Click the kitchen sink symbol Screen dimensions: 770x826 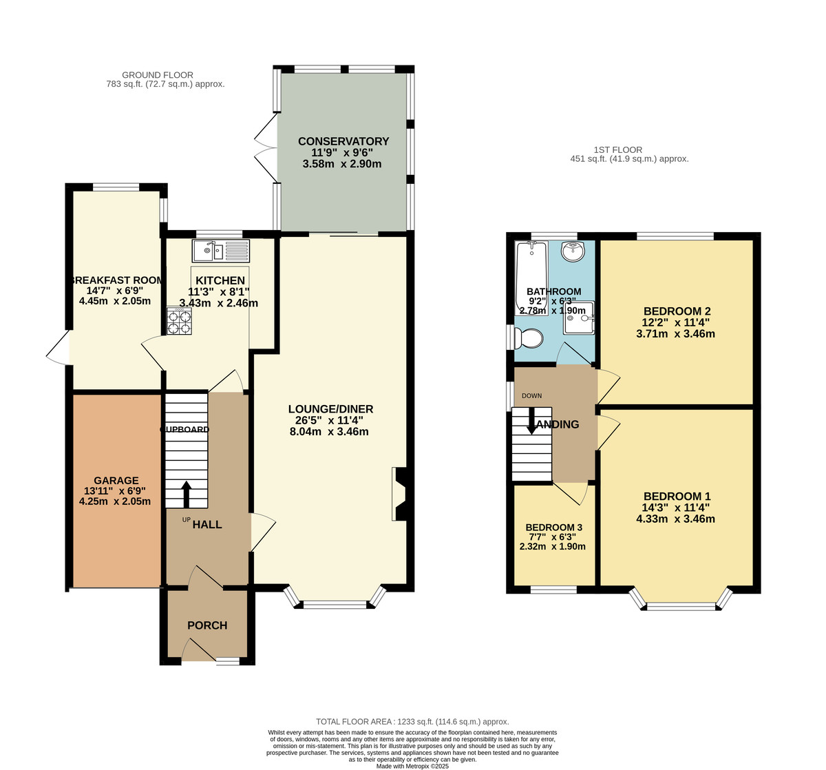(221, 251)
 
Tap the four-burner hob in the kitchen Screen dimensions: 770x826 (179, 320)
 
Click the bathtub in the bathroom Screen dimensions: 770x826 (531, 275)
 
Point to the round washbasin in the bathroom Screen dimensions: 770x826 (573, 252)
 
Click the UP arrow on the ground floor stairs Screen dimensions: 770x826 (186, 493)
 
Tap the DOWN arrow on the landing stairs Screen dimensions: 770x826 (531, 421)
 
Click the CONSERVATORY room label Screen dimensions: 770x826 (343, 141)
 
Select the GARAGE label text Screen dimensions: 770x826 (116, 481)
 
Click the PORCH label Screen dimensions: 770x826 (207, 625)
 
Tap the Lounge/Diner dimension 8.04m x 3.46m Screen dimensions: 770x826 (329, 432)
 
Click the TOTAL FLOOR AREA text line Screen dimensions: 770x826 (412, 722)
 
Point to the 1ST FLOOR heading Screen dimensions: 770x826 (617, 149)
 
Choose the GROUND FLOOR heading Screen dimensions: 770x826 (157, 75)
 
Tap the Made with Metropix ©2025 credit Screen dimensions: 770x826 (412, 766)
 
